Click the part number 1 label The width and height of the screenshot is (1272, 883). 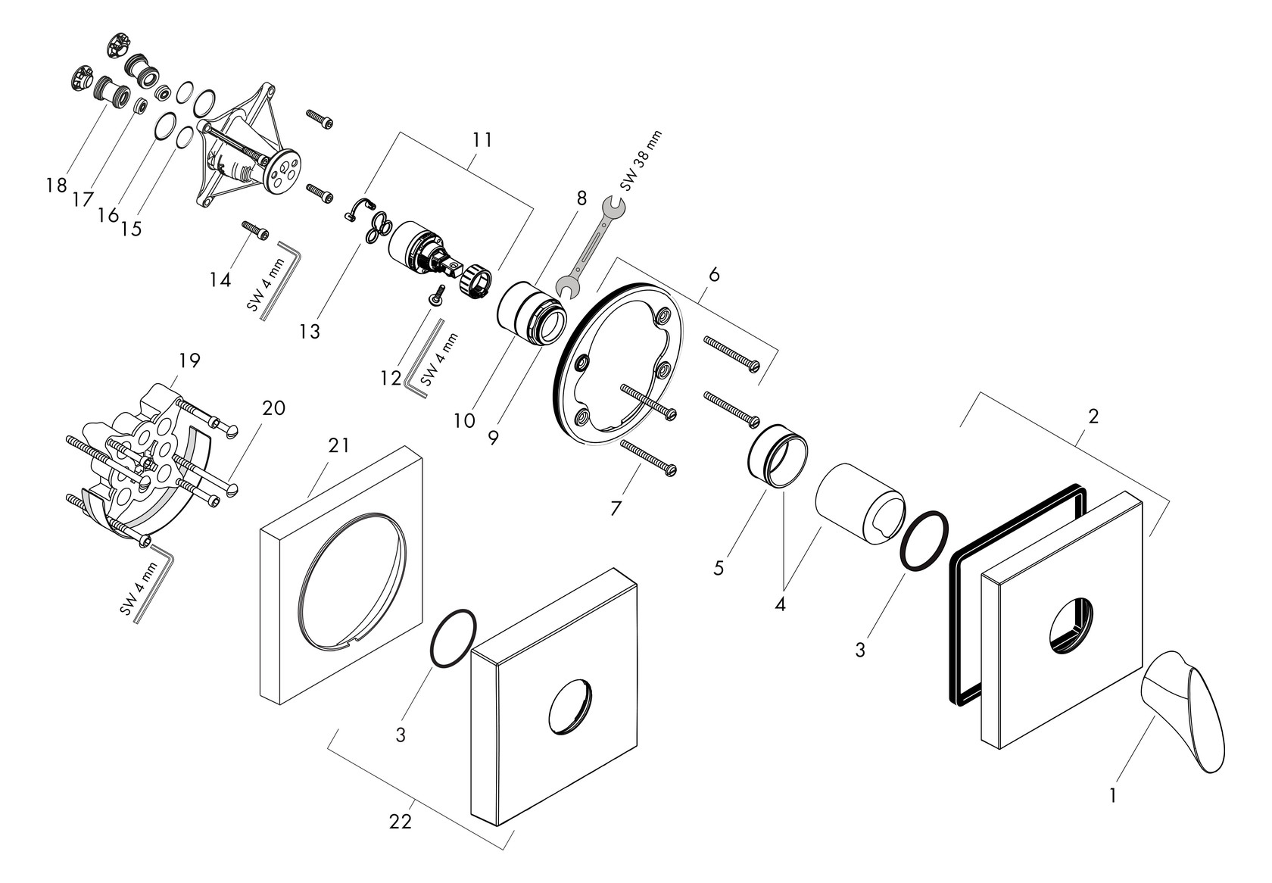(x=1112, y=795)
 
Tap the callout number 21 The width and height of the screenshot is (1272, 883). (x=338, y=446)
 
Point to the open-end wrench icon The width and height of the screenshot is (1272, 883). (x=591, y=246)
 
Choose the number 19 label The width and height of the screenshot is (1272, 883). (x=189, y=360)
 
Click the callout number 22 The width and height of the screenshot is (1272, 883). (x=401, y=821)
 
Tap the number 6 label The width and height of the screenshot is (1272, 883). (x=713, y=275)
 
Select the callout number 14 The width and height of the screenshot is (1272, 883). (x=220, y=280)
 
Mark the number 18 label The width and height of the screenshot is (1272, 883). (x=56, y=186)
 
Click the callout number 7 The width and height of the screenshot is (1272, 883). (x=616, y=509)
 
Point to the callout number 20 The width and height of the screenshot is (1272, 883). (x=273, y=408)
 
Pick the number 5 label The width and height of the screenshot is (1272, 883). (x=718, y=567)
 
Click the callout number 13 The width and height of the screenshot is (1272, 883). (x=310, y=331)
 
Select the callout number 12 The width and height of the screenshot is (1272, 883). (x=391, y=377)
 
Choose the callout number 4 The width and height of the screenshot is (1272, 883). (x=780, y=604)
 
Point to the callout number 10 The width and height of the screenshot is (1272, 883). (x=465, y=420)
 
